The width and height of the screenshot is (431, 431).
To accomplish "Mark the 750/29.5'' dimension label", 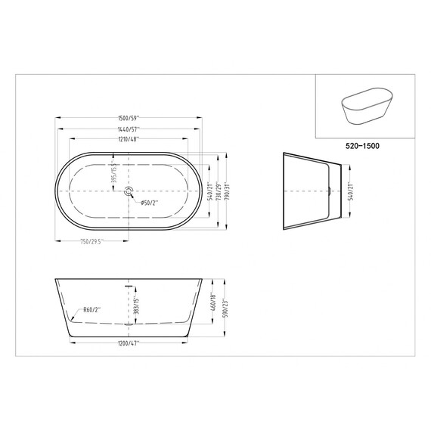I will [91, 241].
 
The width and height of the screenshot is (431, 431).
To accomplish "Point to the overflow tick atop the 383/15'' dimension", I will [129, 286].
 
